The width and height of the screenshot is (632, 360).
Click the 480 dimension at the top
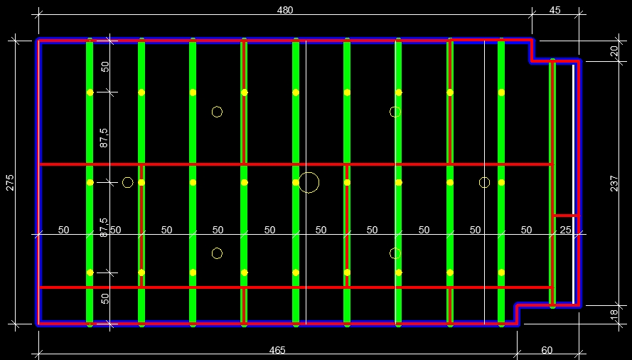pyautogui.click(x=284, y=10)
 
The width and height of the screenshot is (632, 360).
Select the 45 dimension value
pyautogui.click(x=555, y=10)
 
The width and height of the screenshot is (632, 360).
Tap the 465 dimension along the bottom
pyautogui.click(x=277, y=350)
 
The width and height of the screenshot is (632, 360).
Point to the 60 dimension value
pyautogui.click(x=547, y=350)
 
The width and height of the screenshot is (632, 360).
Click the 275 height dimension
pyautogui.click(x=10, y=181)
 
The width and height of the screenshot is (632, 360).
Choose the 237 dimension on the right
pyautogui.click(x=614, y=183)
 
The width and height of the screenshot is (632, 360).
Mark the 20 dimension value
pyautogui.click(x=614, y=51)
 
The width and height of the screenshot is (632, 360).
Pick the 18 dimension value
pyautogui.click(x=614, y=314)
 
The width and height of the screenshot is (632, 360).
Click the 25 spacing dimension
pyautogui.click(x=565, y=230)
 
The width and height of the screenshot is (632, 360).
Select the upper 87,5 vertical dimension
pyautogui.click(x=105, y=137)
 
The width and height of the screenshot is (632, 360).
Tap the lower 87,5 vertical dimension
pyautogui.click(x=105, y=227)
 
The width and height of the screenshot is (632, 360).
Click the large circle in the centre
pyautogui.click(x=309, y=183)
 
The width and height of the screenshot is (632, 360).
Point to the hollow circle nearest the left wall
pyautogui.click(x=128, y=183)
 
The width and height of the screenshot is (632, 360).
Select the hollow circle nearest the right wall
pyautogui.click(x=484, y=183)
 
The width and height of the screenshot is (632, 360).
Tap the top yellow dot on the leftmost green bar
pyautogui.click(x=90, y=92)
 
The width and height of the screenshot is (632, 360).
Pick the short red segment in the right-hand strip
pyautogui.click(x=566, y=215)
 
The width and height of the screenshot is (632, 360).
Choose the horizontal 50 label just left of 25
pyautogui.click(x=526, y=230)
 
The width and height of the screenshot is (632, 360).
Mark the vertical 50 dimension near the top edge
pyautogui.click(x=105, y=67)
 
